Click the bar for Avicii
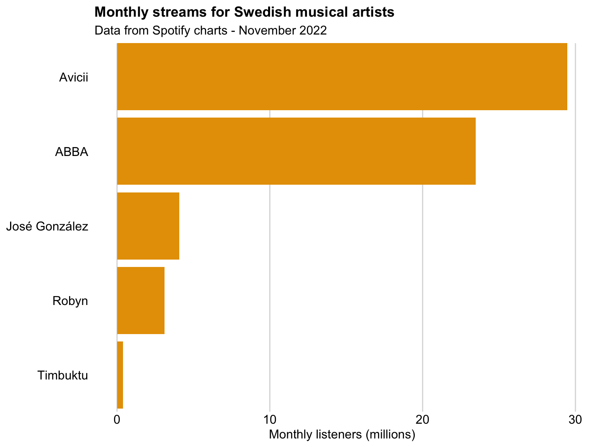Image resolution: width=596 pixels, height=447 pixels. [x=341, y=77]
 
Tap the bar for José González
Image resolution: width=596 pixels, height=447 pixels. [x=148, y=226]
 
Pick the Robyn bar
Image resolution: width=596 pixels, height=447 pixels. [x=140, y=300]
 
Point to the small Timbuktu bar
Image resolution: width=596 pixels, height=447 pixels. [x=120, y=375]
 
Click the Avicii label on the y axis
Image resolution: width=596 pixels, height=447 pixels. [x=74, y=77]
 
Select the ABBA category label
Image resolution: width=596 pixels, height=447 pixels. [x=71, y=152]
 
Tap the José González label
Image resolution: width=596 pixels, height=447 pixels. [x=47, y=226]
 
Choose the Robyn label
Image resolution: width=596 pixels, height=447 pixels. [x=70, y=301]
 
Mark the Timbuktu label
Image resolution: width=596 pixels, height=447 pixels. [x=63, y=376]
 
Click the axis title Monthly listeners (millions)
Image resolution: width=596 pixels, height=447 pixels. [x=342, y=435]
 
